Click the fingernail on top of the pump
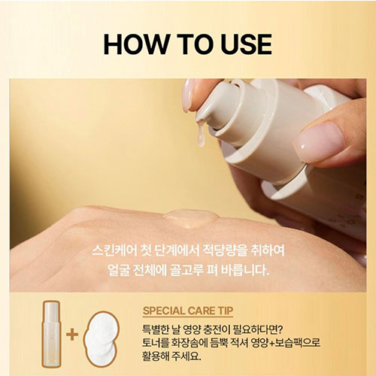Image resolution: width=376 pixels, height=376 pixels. pyautogui.click(x=189, y=94)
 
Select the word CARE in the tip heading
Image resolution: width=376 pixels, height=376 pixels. pyautogui.click(x=212, y=309)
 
